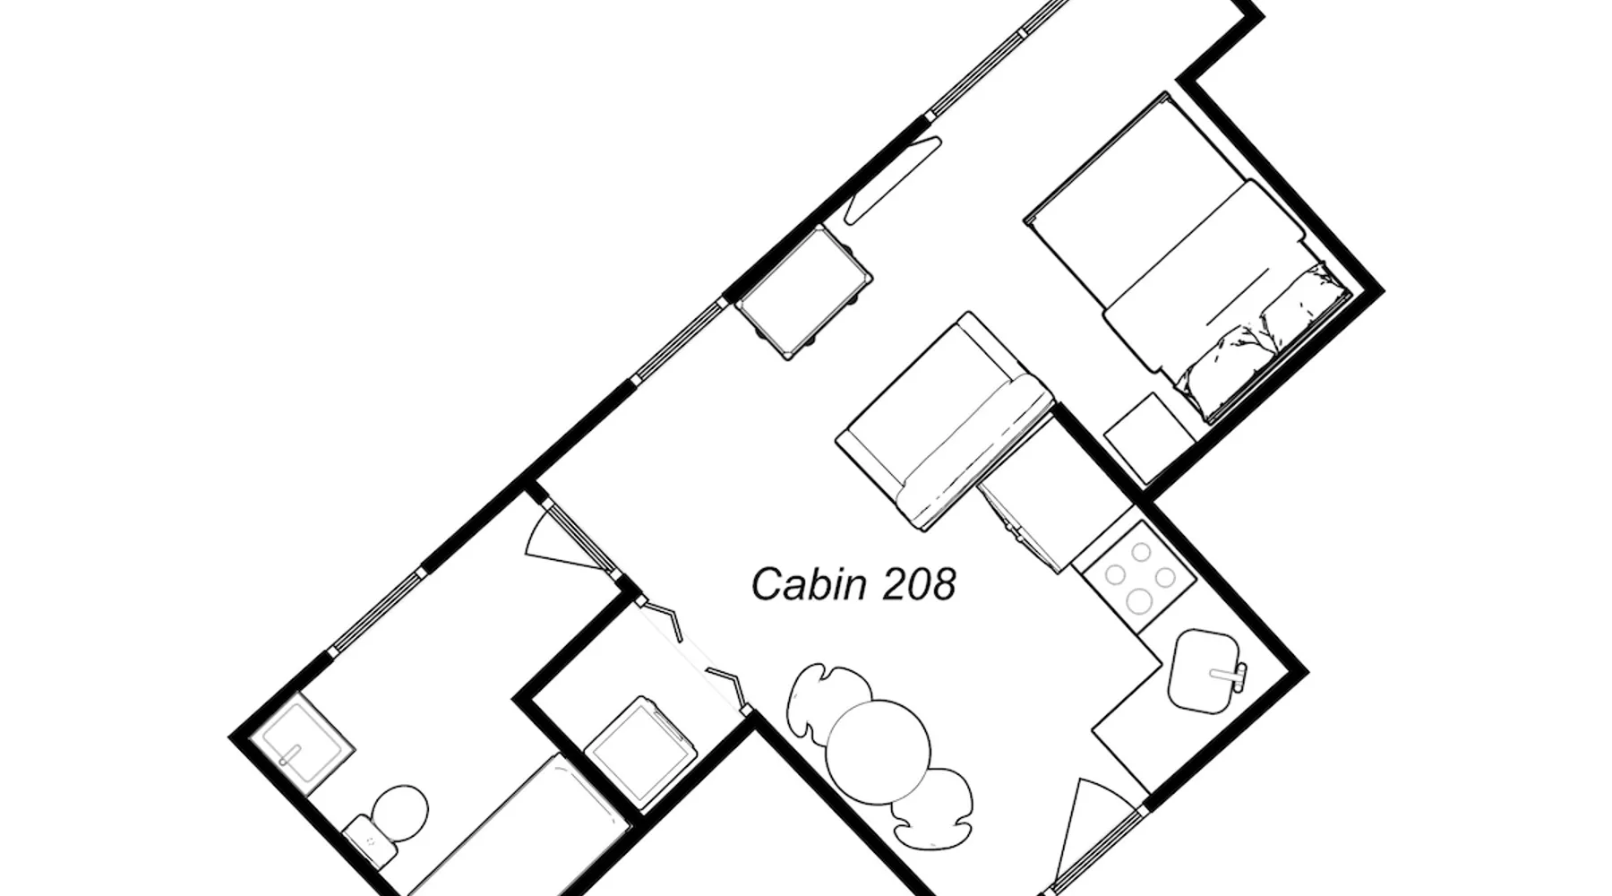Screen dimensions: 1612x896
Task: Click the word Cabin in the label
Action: (x=810, y=584)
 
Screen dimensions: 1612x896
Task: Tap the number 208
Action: (x=920, y=584)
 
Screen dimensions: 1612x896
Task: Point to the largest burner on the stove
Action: (x=1139, y=599)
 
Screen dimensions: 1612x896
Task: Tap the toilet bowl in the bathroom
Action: (x=399, y=812)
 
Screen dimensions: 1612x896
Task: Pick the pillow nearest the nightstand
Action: (x=1222, y=372)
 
